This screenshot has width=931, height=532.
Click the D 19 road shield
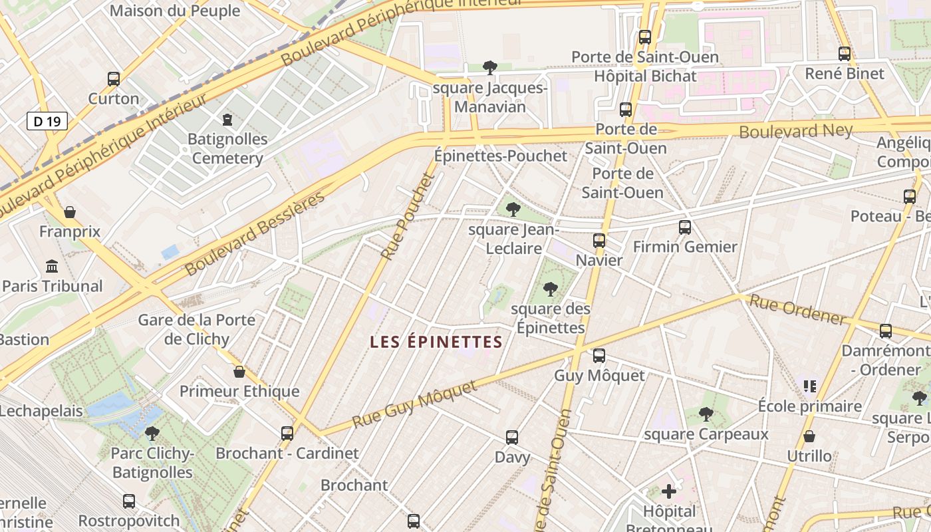47,121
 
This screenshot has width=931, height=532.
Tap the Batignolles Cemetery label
227,148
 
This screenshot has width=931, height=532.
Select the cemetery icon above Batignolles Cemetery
227,120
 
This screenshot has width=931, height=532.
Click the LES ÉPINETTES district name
436,342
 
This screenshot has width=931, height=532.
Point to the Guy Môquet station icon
599,356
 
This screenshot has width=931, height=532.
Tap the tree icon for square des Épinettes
550,289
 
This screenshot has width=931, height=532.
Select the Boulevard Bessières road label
255,233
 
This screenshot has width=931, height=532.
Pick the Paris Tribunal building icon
52,267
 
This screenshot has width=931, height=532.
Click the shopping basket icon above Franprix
70,212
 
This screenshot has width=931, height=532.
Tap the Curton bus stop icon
114,79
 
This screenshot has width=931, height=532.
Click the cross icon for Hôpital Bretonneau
669,492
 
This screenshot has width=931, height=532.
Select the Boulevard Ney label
795,131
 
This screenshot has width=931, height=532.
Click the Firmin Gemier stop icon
685,227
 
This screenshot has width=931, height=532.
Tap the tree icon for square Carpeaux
706,415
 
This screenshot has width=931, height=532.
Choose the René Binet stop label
845,73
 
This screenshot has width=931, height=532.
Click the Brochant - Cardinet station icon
287,434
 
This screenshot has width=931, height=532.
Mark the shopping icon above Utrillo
809,436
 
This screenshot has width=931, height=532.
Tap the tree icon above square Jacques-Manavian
490,67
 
